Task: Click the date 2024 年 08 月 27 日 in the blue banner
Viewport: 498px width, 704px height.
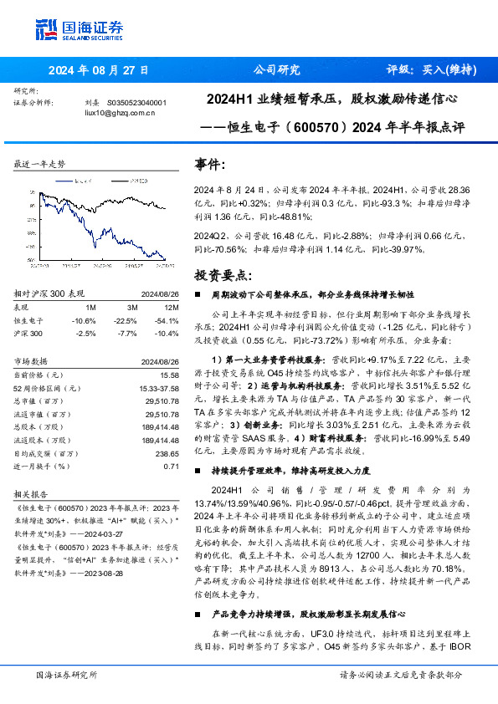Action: coord(99,71)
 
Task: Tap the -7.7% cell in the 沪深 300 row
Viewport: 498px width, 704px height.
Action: coord(127,333)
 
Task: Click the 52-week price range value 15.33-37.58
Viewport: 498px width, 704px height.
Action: coord(157,388)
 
